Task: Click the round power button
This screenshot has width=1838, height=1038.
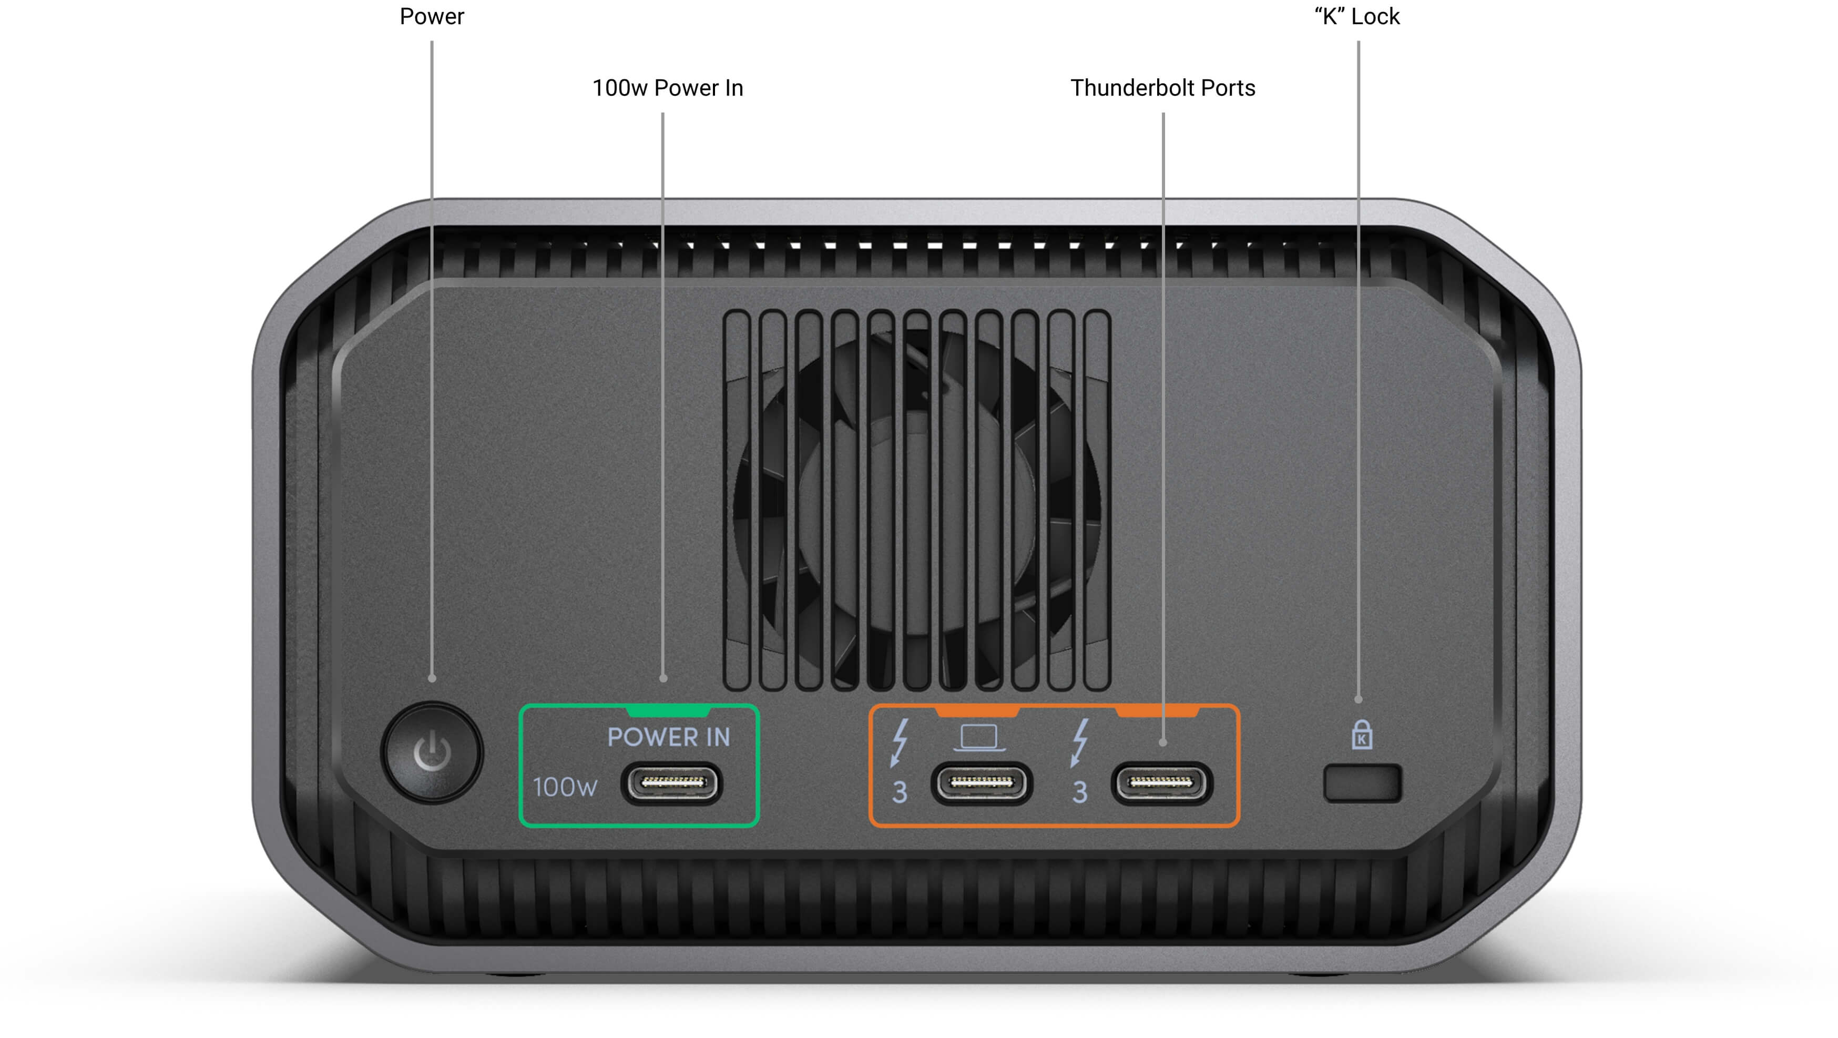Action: point(432,752)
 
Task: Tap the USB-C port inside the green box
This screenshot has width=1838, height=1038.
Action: point(671,783)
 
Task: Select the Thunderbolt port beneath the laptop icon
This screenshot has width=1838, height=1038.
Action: point(981,783)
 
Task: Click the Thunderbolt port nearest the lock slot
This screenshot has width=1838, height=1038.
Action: point(1161,783)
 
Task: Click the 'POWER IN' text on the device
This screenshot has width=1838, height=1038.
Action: point(669,737)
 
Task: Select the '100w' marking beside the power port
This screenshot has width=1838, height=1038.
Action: point(565,787)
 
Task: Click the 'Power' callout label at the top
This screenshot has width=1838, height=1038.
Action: point(432,16)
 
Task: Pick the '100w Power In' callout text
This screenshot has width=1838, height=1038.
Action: point(668,88)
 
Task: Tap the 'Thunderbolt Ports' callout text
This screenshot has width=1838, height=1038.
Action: point(1163,88)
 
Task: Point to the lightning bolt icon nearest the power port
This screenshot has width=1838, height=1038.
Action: point(900,742)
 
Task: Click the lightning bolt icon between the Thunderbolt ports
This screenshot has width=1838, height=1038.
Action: point(1080,742)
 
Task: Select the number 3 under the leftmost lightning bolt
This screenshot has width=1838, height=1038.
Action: point(900,792)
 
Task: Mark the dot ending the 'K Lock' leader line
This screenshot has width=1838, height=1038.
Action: point(1358,700)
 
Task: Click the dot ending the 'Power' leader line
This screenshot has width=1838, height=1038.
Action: point(432,678)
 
